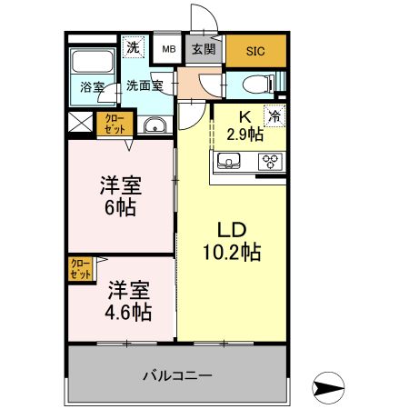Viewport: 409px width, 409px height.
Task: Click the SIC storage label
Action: click(255, 51)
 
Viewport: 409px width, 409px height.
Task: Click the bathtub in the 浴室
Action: click(91, 65)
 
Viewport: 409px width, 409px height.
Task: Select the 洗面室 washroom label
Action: click(144, 86)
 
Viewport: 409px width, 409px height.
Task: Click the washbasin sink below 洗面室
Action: click(155, 125)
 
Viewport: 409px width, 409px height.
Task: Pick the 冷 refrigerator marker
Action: click(273, 116)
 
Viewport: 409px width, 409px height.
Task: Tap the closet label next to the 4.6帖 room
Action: click(80, 268)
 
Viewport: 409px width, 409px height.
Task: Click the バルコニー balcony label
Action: click(178, 374)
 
